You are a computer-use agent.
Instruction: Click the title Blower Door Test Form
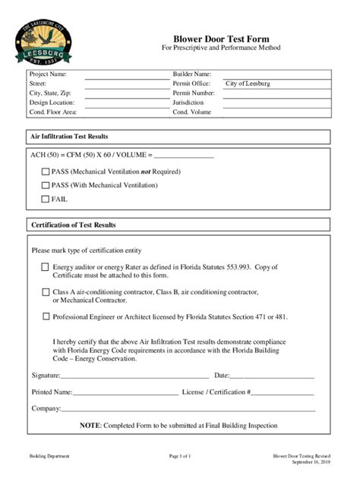[x=221, y=38]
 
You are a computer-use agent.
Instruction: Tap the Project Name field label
[x=48, y=74]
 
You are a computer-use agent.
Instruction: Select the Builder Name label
[x=193, y=74]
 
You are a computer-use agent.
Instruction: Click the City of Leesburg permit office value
[x=248, y=83]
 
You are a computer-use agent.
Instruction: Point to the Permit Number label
[x=194, y=93]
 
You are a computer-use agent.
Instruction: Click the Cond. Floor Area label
[x=53, y=112]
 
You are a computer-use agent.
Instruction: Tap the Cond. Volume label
[x=191, y=112]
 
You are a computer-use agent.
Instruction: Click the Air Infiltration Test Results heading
[x=69, y=137]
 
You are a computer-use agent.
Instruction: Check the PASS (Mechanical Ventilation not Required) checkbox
[x=45, y=171]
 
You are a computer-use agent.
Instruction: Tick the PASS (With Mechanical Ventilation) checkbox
[x=45, y=184]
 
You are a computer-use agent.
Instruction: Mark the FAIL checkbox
[x=45, y=199]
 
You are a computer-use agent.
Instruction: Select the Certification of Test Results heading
[x=73, y=225]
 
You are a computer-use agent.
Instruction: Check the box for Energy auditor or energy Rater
[x=46, y=267]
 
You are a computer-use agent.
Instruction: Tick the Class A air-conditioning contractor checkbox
[x=46, y=291]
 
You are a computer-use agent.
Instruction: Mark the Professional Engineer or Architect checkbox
[x=46, y=316]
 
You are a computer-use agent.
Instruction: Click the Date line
[x=272, y=376]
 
